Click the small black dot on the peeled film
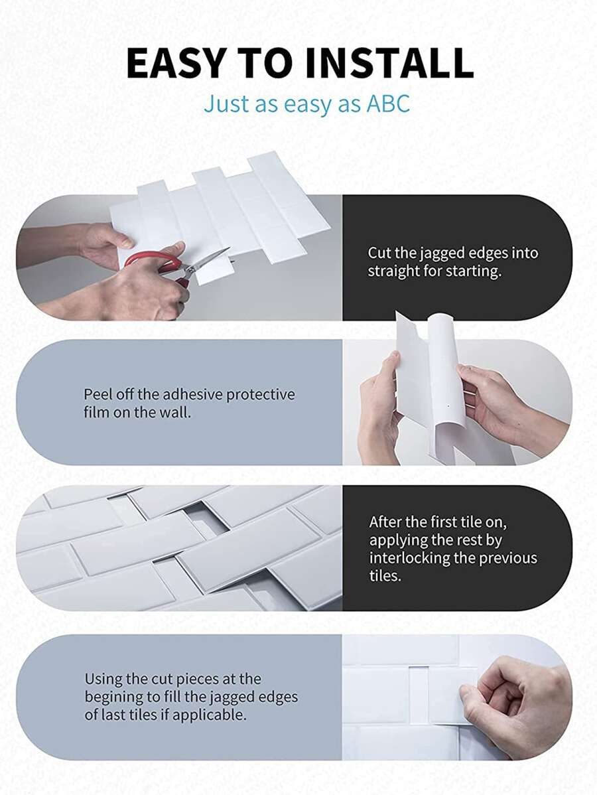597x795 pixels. pos(449,405)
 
